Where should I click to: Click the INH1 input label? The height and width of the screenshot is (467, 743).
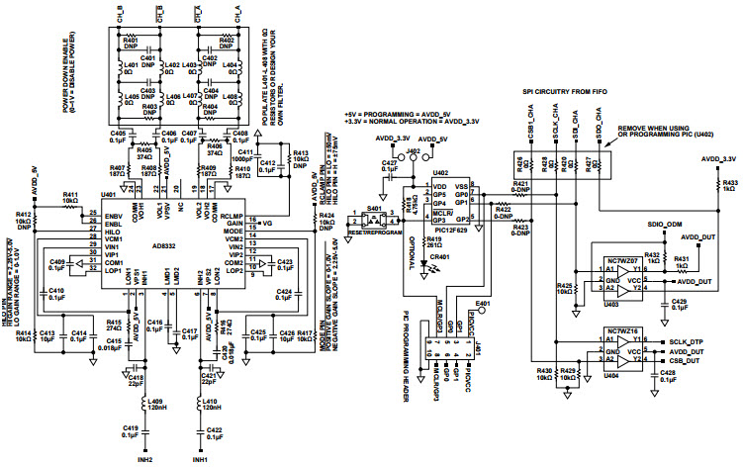(x=199, y=459)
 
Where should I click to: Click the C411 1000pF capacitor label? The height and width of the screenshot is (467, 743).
(x=240, y=150)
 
